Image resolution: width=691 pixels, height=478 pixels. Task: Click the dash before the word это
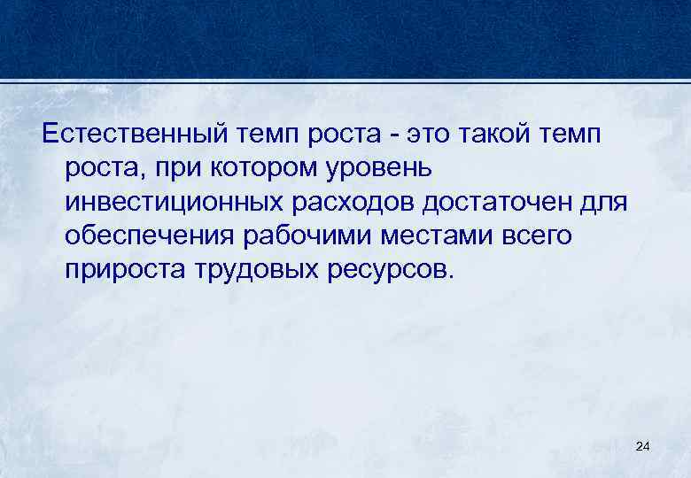[405, 136]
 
